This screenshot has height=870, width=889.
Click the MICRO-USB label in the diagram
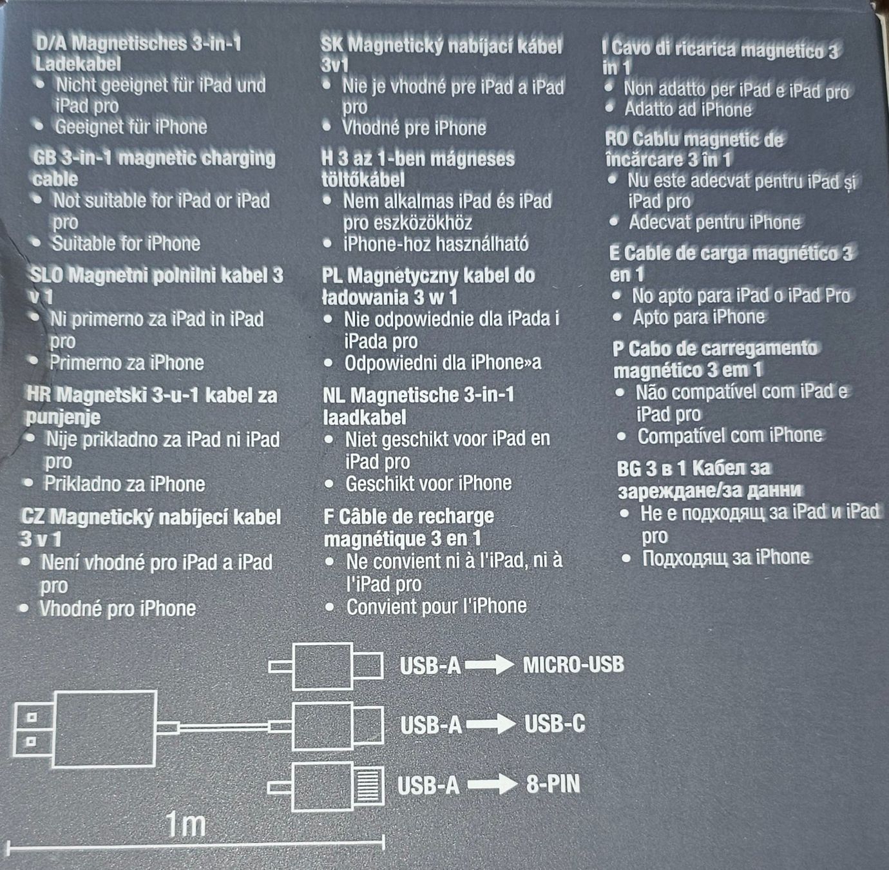coord(573,664)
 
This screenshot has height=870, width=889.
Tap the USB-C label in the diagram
coord(555,724)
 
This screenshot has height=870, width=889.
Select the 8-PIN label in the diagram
coord(553,784)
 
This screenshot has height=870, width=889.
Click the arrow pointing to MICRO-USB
coord(489,665)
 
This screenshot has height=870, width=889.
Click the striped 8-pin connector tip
coord(368,784)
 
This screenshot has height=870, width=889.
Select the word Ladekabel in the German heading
coord(78,64)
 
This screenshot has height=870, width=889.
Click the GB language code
coord(44,158)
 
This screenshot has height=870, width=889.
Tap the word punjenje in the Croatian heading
coord(63,417)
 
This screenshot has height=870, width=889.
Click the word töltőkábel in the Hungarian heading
coord(363,180)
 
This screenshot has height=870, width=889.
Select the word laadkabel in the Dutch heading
coord(365,417)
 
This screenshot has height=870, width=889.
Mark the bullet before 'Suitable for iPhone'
coord(37,242)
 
